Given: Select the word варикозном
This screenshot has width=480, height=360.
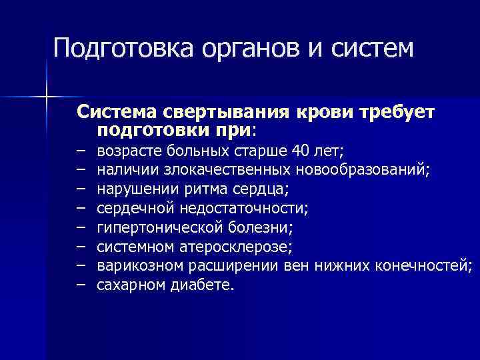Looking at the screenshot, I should (136, 267).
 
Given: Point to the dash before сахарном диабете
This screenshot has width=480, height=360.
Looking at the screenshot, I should (81, 286).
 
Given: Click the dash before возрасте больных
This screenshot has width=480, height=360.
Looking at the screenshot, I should (81, 151).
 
